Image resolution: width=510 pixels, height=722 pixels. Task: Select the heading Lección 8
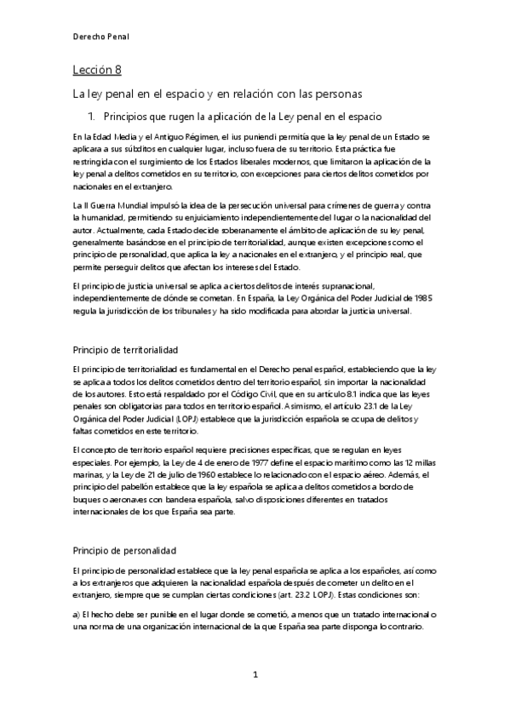pos(97,71)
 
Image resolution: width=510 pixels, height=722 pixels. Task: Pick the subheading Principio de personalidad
pos(123,529)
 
